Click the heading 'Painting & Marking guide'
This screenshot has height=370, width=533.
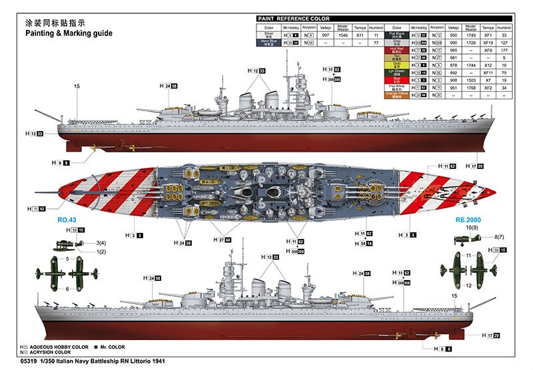[x=69, y=32]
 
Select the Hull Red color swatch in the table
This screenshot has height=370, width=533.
[x=397, y=50]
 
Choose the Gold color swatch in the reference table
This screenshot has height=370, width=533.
[x=397, y=65]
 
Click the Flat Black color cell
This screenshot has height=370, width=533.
[x=397, y=35]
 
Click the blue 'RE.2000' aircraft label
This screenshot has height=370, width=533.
[x=468, y=220]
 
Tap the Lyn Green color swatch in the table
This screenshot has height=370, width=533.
[x=397, y=73]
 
